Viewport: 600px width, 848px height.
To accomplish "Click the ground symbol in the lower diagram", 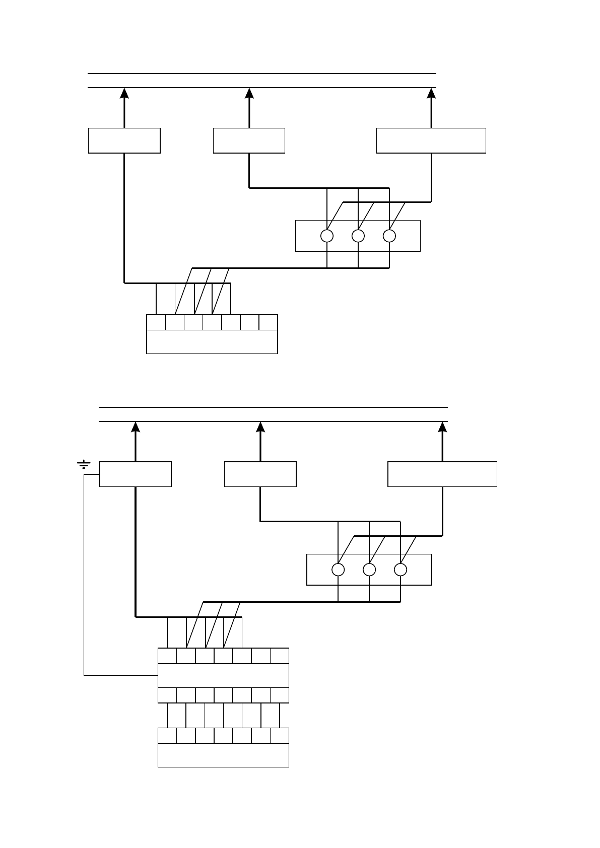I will (x=84, y=464).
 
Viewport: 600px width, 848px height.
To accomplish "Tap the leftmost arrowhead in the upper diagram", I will (x=124, y=93).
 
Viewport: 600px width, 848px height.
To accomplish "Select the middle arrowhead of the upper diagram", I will (x=249, y=93).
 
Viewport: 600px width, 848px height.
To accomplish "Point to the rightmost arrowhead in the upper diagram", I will (x=431, y=93).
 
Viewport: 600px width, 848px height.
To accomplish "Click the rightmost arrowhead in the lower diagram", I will (x=442, y=427).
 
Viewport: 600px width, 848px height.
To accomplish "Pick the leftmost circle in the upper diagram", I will (x=327, y=236).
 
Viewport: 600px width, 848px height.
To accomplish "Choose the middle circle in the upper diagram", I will (x=358, y=236).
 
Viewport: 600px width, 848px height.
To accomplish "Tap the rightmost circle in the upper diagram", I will (x=389, y=236).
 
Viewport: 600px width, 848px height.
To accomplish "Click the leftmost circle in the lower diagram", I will (x=338, y=570).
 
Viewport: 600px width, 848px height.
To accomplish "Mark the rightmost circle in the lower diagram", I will (x=401, y=570).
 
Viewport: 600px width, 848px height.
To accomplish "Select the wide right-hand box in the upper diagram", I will (x=431, y=140).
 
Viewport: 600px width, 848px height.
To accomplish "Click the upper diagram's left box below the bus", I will (x=124, y=140).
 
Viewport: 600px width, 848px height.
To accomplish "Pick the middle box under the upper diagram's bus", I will (x=249, y=140).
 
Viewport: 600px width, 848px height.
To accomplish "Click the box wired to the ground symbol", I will (x=136, y=474).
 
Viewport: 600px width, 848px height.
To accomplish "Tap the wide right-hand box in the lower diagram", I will (x=442, y=474).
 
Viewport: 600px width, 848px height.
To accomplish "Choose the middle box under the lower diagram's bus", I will (x=260, y=474).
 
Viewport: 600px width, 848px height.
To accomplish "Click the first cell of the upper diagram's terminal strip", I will (x=156, y=322).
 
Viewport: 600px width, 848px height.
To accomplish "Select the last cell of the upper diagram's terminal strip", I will (x=269, y=322).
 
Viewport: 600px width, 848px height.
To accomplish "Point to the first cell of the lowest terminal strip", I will (x=167, y=736).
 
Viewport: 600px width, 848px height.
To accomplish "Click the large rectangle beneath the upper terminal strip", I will (x=212, y=342).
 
